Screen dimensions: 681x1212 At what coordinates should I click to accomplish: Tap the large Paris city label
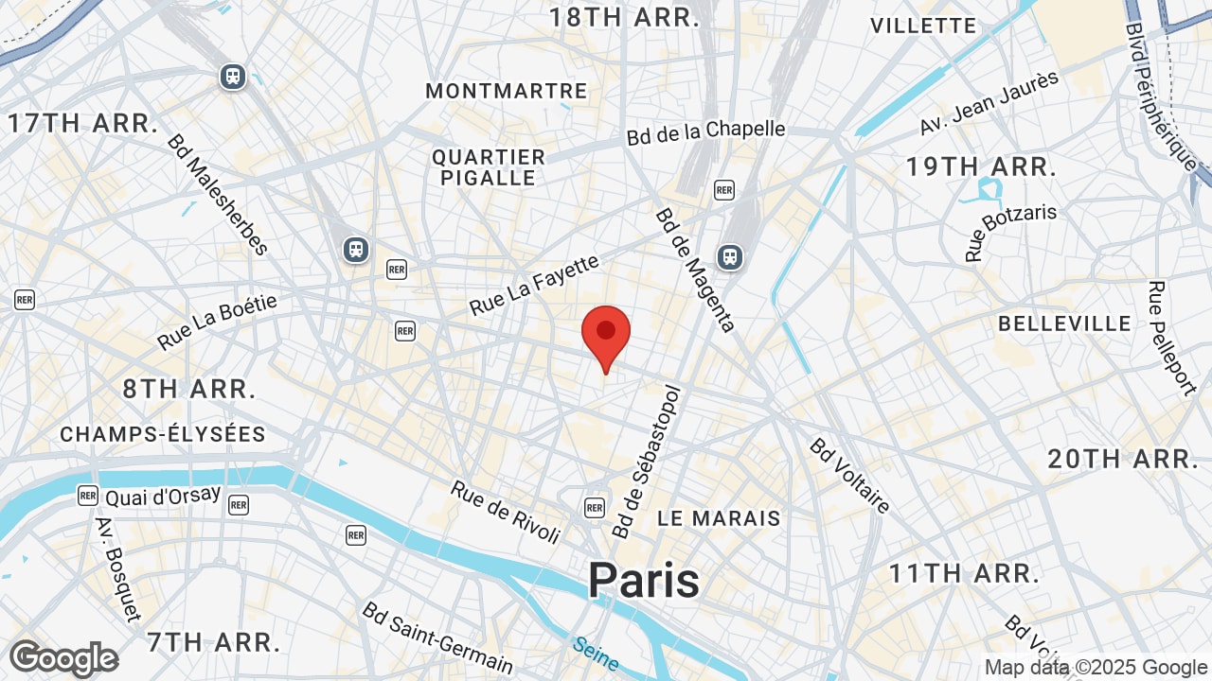(x=644, y=580)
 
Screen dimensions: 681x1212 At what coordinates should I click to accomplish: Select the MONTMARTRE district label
(x=507, y=91)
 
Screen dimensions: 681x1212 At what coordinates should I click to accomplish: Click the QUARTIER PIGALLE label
(x=489, y=167)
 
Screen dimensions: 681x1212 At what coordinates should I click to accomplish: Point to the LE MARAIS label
(x=720, y=518)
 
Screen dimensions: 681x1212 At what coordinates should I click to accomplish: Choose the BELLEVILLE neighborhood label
(x=1065, y=323)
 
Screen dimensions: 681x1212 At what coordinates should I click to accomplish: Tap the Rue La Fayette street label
(x=535, y=285)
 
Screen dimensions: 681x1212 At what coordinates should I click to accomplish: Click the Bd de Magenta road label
(x=695, y=270)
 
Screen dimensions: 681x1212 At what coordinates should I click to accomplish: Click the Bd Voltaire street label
(x=849, y=476)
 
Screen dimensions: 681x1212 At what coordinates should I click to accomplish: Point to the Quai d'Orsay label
(x=163, y=496)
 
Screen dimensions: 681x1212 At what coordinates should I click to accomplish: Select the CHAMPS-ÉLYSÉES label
(x=163, y=434)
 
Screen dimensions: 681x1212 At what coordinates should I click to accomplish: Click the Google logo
(x=63, y=658)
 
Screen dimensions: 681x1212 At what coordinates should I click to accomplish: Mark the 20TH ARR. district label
(x=1123, y=460)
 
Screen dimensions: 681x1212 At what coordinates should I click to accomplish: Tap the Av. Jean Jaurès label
(x=989, y=103)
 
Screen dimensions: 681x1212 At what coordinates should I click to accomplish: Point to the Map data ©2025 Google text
(x=1095, y=668)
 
